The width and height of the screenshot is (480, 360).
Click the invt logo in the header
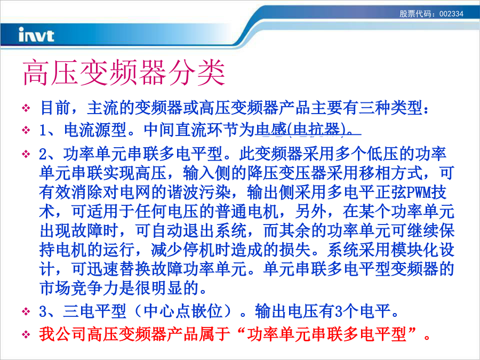[x=36, y=35]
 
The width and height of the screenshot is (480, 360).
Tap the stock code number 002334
[x=451, y=14]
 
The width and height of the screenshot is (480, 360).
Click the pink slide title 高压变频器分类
[x=124, y=73]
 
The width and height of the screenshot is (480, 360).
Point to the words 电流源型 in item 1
[x=95, y=130]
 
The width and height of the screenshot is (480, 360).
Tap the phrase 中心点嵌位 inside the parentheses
[x=183, y=311]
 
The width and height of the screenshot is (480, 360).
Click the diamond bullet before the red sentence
[x=26, y=334]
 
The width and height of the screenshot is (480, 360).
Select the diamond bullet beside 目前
[x=26, y=108]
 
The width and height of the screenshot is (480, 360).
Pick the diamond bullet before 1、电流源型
[x=26, y=130]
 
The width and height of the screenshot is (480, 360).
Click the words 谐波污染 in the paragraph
[x=199, y=192]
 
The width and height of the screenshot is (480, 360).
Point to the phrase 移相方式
[x=390, y=173]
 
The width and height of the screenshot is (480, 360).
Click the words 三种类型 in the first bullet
[x=390, y=107]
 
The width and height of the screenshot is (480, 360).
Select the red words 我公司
[x=63, y=334]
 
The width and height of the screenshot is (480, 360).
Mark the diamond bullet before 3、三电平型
[x=26, y=311]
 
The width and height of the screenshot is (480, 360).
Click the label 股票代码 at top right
[x=415, y=14]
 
